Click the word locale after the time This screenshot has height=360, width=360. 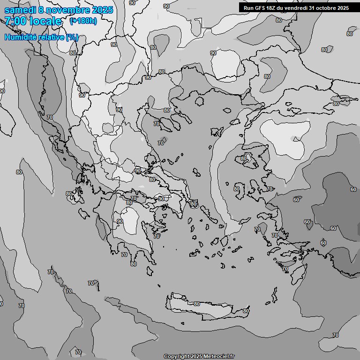coord(45,21)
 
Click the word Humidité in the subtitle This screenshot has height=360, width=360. coord(21,37)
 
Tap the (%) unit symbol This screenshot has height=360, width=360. coord(72,37)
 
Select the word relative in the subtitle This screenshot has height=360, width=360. coord(52,37)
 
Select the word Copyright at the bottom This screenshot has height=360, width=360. coord(176,357)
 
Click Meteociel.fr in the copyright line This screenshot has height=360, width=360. coord(218,357)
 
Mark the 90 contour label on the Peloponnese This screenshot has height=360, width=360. coord(120,221)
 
